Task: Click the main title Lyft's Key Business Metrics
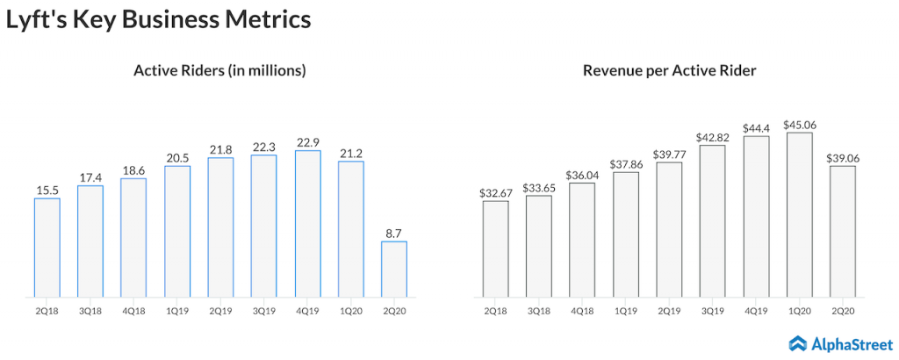pyautogui.click(x=159, y=19)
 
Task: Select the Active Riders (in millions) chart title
pyautogui.click(x=219, y=71)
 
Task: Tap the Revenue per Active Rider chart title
pyautogui.click(x=669, y=71)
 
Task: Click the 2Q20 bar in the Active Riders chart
pyautogui.click(x=393, y=269)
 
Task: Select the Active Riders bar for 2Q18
pyautogui.click(x=47, y=248)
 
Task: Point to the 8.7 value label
pyautogui.click(x=393, y=232)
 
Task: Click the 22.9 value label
pyautogui.click(x=307, y=141)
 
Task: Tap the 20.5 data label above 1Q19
pyautogui.click(x=177, y=156)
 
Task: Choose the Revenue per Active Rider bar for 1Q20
pyautogui.click(x=799, y=214)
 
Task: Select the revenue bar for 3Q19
pyautogui.click(x=712, y=220)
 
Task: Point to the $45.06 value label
pyautogui.click(x=799, y=123)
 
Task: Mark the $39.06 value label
pyautogui.click(x=842, y=156)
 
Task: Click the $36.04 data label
pyautogui.click(x=582, y=174)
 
